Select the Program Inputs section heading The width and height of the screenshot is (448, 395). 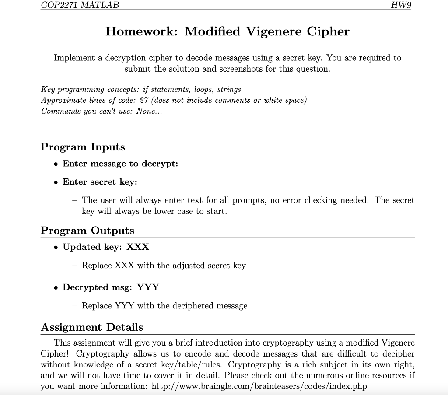(83, 147)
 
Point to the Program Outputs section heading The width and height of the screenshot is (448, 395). (87, 231)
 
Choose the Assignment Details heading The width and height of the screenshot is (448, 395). (91, 327)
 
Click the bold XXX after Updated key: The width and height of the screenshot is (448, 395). (138, 247)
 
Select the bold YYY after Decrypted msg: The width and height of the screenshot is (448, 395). (148, 287)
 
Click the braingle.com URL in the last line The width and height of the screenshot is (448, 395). (259, 387)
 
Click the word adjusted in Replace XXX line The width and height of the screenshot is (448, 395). (189, 266)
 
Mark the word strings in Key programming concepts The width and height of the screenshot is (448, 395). (228, 89)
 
